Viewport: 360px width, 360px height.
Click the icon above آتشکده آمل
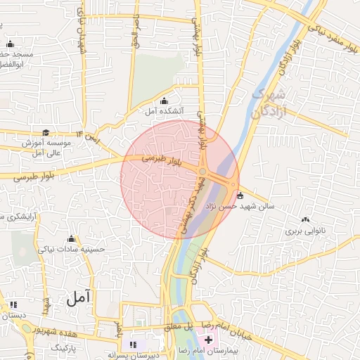pos(165,101)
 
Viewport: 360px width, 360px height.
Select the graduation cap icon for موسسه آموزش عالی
pos(46,132)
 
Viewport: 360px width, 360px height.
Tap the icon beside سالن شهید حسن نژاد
pos(240,195)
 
